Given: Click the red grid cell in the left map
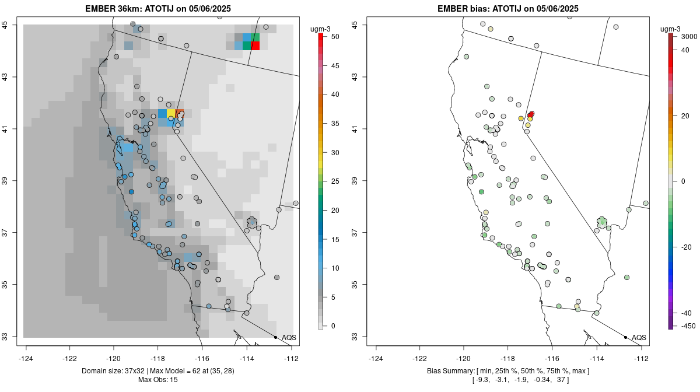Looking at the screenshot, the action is point(255,45).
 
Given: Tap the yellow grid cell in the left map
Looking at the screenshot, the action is point(171,114).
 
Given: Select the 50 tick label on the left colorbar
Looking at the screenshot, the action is point(335,37).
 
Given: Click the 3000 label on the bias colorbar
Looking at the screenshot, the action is point(689,37).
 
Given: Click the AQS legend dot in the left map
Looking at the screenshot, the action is point(275,337).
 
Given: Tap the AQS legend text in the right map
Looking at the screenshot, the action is point(639,338).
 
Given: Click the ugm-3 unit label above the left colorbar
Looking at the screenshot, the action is point(320,29).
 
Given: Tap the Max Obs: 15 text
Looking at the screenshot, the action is point(158,380).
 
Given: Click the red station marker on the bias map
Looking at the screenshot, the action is point(531,114).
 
